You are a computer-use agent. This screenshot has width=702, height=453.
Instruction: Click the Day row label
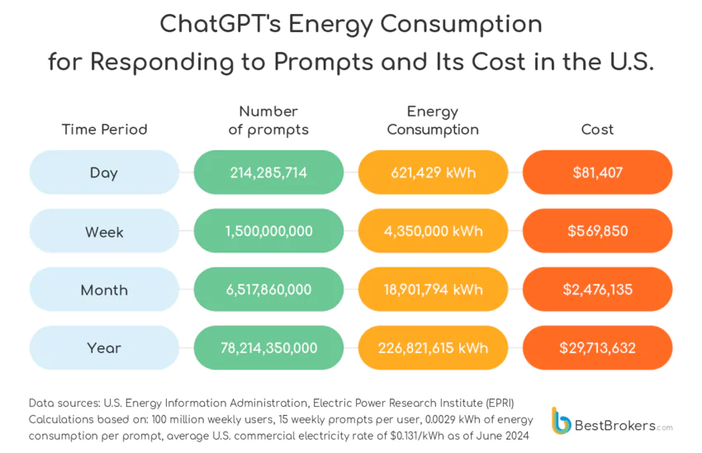click(x=104, y=172)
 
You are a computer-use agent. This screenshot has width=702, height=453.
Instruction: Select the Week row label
click(x=104, y=232)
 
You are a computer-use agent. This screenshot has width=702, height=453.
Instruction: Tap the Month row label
click(x=104, y=290)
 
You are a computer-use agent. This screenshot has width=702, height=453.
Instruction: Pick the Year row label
click(x=104, y=348)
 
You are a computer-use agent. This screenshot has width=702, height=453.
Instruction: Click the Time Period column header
click(x=104, y=130)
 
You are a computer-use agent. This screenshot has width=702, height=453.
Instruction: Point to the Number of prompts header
click(x=268, y=120)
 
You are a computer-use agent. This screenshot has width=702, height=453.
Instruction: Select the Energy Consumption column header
click(x=433, y=120)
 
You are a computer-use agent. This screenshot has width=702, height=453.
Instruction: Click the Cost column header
click(x=597, y=130)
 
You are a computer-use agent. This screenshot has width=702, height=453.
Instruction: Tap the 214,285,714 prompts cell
click(x=268, y=172)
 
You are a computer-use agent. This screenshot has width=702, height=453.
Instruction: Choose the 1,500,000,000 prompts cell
click(x=268, y=231)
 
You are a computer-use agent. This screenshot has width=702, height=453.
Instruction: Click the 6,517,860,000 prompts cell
click(x=268, y=290)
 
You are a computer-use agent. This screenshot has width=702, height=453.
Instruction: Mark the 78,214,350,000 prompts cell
click(x=268, y=348)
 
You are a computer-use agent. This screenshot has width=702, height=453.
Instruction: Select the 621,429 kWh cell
click(x=433, y=172)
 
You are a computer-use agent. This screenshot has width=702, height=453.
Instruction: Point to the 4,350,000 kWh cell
click(x=433, y=231)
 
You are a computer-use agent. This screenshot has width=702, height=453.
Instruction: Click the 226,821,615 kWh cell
click(x=433, y=348)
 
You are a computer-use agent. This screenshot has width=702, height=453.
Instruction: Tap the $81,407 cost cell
click(x=597, y=172)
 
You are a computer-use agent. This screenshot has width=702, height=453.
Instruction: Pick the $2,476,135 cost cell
click(x=597, y=290)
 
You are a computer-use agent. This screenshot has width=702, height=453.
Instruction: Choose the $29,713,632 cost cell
click(x=597, y=348)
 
